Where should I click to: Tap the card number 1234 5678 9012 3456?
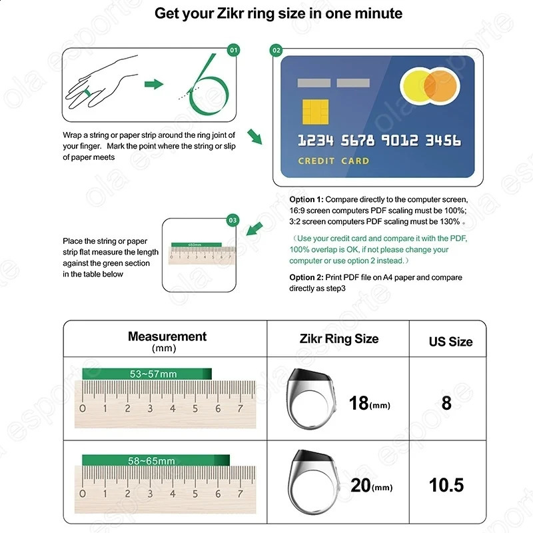(378, 141)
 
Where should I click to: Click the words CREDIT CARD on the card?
(332, 161)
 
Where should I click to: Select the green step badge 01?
(233, 50)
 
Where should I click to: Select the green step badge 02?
(276, 50)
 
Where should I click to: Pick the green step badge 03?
(233, 220)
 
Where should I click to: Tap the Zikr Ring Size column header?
(338, 338)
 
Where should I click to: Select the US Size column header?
(450, 341)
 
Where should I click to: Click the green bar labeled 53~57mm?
(147, 374)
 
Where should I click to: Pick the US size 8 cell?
(446, 402)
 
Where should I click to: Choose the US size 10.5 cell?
(446, 484)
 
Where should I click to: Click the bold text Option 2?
(306, 277)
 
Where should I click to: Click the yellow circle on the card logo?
(417, 92)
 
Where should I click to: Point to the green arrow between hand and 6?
(154, 83)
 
